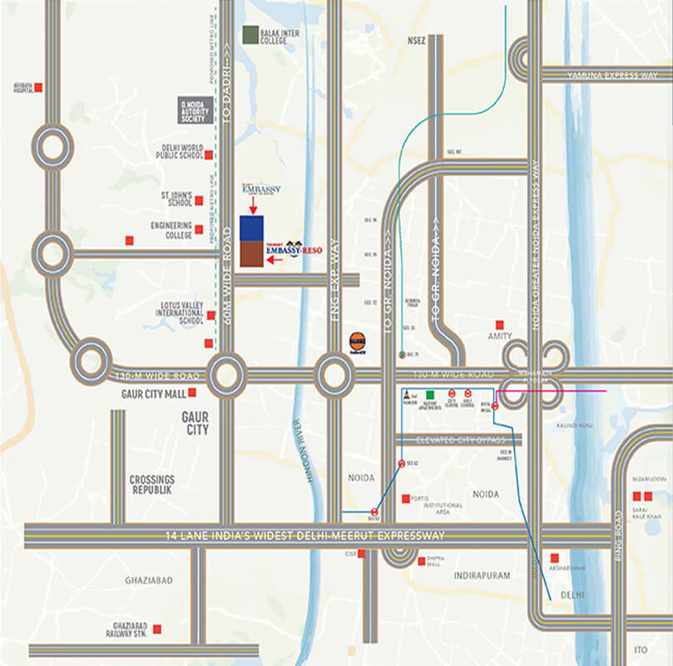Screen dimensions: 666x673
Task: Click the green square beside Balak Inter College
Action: (249, 36)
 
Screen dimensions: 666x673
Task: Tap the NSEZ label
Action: (416, 39)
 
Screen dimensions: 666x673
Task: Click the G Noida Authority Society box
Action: (197, 109)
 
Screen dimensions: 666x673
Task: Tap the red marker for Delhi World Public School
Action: (209, 155)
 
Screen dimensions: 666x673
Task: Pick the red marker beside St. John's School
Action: (200, 200)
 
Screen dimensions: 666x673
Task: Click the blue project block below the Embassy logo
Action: (252, 228)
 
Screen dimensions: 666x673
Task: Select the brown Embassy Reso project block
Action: (252, 254)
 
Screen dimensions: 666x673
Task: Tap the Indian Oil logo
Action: (357, 341)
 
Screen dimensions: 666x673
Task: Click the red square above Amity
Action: (499, 324)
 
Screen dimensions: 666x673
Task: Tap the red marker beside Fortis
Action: (406, 499)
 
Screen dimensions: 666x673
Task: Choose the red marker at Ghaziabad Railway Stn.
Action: (156, 629)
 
